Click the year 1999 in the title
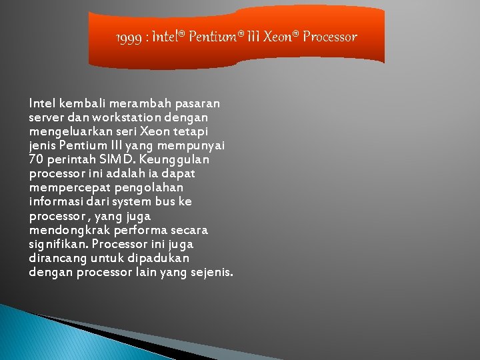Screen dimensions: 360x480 point(129,37)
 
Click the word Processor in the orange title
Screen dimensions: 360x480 point(329,37)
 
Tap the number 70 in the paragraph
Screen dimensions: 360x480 point(37,159)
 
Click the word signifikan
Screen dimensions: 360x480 point(57,244)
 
